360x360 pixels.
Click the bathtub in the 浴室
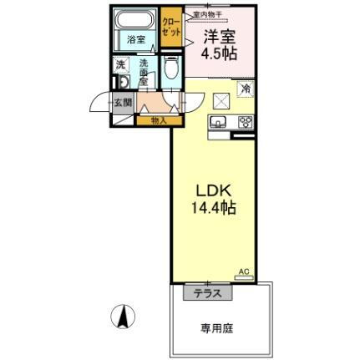(135, 21)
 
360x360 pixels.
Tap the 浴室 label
(135, 38)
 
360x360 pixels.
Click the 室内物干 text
(205, 14)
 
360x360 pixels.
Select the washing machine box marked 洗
(121, 66)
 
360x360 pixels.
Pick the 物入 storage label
(158, 120)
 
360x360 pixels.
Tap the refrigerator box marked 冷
(246, 86)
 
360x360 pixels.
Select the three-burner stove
(246, 122)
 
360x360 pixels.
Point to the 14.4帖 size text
(212, 208)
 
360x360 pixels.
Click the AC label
(243, 271)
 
